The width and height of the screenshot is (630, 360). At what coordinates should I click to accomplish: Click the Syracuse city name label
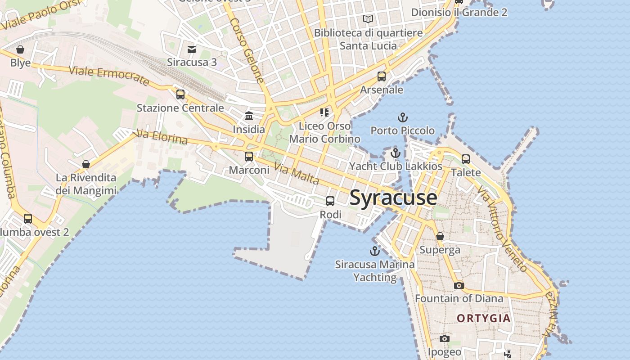pos(393,198)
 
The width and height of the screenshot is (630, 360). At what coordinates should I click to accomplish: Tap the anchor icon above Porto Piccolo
pos(403,118)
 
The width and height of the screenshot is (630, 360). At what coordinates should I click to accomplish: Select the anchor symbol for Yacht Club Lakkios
pos(396,153)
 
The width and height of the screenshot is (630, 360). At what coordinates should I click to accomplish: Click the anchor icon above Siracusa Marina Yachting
pos(375,251)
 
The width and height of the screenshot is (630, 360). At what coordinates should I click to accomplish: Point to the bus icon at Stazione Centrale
pos(180,94)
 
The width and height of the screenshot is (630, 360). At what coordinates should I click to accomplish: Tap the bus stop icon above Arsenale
pos(382,76)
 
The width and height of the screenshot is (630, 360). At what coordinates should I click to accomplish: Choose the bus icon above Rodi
pos(330,201)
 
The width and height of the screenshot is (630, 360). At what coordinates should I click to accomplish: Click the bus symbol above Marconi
pos(249,157)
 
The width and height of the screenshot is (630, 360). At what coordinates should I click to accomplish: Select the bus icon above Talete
pos(466,159)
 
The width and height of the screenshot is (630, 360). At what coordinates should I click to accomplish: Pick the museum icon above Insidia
pos(249,116)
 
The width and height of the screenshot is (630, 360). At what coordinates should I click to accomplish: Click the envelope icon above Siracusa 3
pos(192,49)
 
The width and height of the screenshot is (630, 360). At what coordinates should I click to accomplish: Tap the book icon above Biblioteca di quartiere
pos(368,19)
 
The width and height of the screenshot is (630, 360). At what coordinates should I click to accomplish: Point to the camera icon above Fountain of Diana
pos(459,285)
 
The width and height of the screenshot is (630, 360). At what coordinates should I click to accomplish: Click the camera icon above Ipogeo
pos(445,338)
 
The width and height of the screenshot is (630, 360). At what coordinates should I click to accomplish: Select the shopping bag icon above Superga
pos(440,236)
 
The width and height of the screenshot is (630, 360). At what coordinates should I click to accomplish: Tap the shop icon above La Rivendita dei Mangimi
pos(86,164)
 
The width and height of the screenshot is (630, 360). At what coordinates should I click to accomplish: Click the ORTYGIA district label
pos(484,319)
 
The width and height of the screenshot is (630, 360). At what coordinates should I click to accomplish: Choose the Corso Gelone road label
pos(247,50)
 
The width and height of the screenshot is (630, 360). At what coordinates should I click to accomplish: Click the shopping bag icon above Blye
pos(20,49)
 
